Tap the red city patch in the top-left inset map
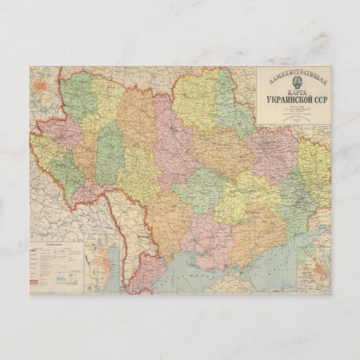click(x=43, y=86)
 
